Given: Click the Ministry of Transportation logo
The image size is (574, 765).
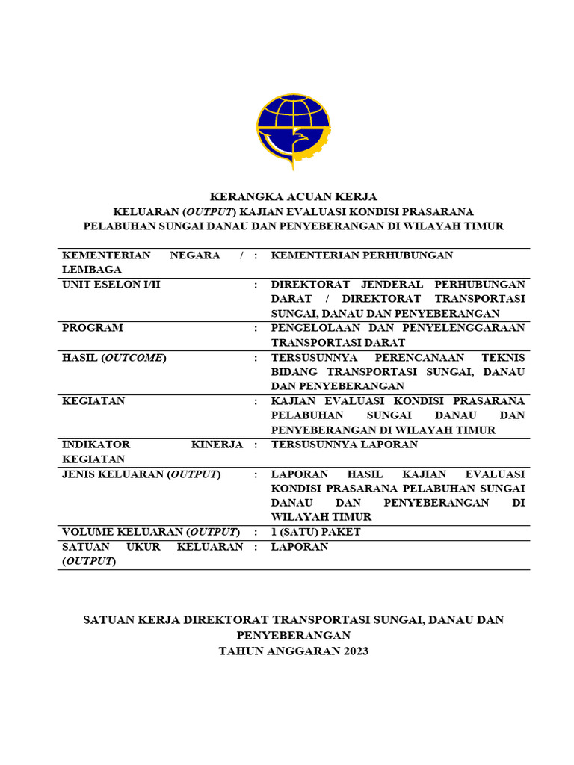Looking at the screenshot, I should (x=293, y=131).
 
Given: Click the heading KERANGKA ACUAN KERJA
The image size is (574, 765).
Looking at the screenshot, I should (x=293, y=197).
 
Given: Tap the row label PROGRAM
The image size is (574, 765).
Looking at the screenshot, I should (x=93, y=328).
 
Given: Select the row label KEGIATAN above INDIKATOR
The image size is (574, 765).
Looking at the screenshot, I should (x=93, y=401).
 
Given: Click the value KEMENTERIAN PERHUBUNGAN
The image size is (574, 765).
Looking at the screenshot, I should (x=362, y=255).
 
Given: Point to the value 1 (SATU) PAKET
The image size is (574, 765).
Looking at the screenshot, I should (x=315, y=532).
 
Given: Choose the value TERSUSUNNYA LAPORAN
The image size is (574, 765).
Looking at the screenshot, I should (x=344, y=445).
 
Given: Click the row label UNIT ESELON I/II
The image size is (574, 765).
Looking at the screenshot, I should (x=111, y=285).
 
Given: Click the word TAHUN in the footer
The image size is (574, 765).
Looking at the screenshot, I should (x=241, y=651).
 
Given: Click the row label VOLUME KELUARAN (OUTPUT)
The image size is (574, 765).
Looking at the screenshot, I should (x=150, y=532).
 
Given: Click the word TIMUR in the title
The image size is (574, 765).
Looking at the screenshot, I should (x=484, y=226).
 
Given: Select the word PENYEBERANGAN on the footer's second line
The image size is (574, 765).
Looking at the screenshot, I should (x=293, y=635).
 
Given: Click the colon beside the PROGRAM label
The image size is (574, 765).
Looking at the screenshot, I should (x=256, y=328).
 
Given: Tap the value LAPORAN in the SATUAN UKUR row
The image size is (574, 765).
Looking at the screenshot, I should (x=299, y=547).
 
